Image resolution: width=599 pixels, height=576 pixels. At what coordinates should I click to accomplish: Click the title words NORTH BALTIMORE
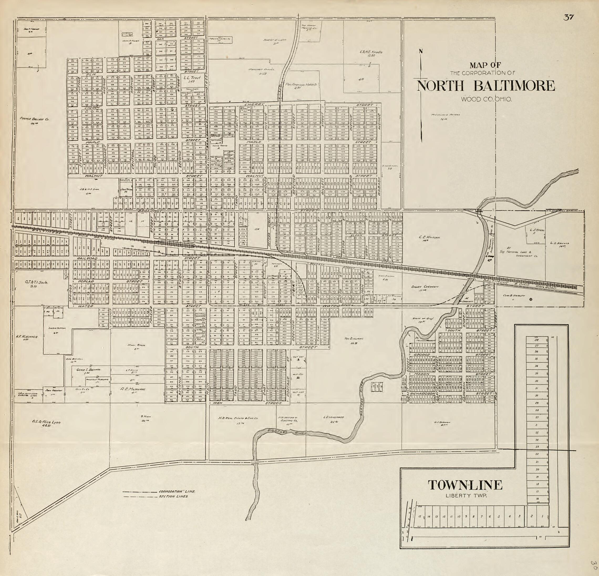tap(486, 86)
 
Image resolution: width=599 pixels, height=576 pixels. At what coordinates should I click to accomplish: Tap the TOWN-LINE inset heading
tap(465, 485)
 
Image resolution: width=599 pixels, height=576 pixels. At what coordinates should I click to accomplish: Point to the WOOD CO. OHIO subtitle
tap(487, 99)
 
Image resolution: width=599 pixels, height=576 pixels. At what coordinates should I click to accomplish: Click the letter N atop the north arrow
tap(421, 51)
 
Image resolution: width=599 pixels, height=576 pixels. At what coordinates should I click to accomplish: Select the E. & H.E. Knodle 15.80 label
tap(371, 54)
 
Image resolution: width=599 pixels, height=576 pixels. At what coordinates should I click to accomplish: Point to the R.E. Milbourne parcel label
tap(133, 391)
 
